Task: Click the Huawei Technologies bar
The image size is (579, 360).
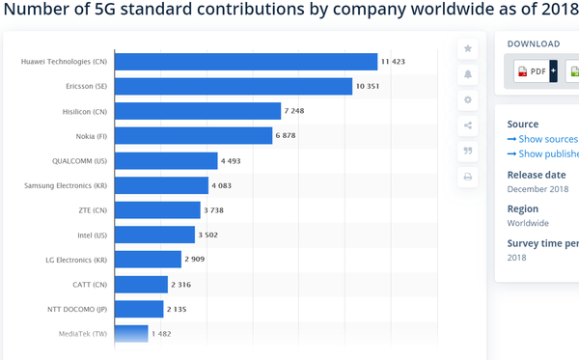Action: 246,62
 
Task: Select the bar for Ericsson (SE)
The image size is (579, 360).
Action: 234,87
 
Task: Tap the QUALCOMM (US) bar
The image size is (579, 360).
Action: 166,160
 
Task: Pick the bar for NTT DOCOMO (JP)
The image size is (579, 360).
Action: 139,309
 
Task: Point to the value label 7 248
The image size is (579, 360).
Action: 294,111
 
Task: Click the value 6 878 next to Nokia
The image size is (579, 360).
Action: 286,135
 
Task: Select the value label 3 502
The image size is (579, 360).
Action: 207,235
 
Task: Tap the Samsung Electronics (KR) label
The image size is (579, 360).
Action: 66,185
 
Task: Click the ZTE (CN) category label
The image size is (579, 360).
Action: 93,210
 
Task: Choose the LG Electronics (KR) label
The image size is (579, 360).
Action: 76,260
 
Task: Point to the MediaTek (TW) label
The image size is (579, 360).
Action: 83,334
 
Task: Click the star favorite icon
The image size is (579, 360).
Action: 468,48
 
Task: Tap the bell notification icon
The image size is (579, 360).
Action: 468,74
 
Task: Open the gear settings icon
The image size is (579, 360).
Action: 468,99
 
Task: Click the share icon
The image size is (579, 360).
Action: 468,125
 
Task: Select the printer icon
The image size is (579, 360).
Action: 468,177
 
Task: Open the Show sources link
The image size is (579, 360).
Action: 542,139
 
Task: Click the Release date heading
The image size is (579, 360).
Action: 537,175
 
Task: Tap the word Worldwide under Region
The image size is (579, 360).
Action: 528,223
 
